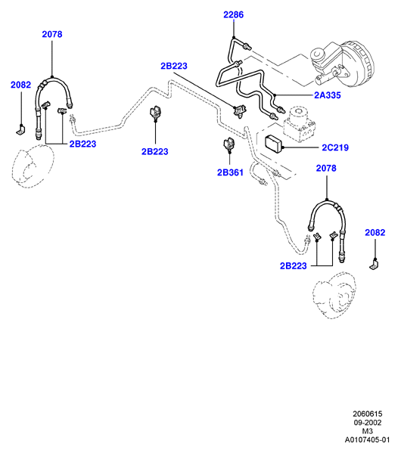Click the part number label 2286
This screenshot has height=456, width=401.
[x=233, y=14]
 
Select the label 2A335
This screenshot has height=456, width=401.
[x=328, y=95]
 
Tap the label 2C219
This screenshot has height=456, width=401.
[x=335, y=147]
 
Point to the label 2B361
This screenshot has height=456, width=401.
[x=230, y=172]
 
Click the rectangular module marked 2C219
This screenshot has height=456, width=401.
[x=274, y=144]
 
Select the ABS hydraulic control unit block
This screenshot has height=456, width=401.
[x=299, y=124]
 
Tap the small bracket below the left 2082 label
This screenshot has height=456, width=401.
[x=20, y=130]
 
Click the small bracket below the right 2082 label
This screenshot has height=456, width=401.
[x=375, y=265]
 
